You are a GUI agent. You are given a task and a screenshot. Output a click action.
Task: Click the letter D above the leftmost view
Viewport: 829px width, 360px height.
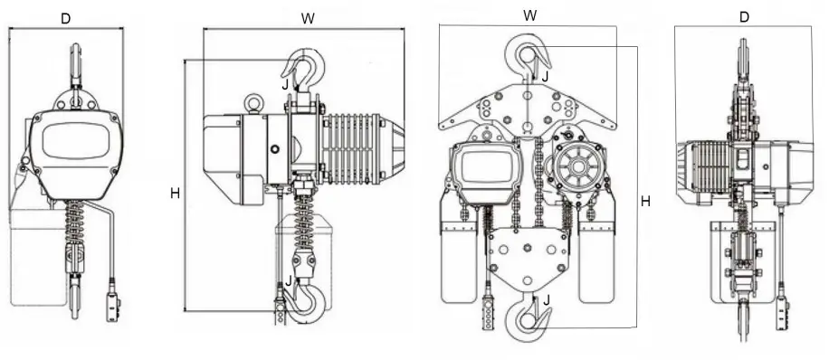tap(65, 17)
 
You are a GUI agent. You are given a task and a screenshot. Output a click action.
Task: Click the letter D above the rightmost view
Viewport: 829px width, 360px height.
tap(744, 17)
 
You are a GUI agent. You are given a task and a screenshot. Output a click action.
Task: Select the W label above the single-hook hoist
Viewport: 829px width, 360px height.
tap(308, 17)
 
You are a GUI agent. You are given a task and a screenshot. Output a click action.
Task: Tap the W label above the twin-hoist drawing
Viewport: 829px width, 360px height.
tap(529, 15)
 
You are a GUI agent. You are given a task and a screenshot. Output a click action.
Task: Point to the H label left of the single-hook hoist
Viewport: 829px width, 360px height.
tap(174, 193)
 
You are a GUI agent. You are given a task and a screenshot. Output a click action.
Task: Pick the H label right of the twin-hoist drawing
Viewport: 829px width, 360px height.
tap(645, 202)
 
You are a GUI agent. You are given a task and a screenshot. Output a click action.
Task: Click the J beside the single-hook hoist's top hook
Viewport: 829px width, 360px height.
tap(286, 84)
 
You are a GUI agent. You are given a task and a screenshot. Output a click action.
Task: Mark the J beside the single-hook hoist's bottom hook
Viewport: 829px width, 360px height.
tap(288, 280)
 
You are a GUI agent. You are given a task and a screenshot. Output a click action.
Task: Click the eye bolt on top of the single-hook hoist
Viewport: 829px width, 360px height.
tap(254, 103)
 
